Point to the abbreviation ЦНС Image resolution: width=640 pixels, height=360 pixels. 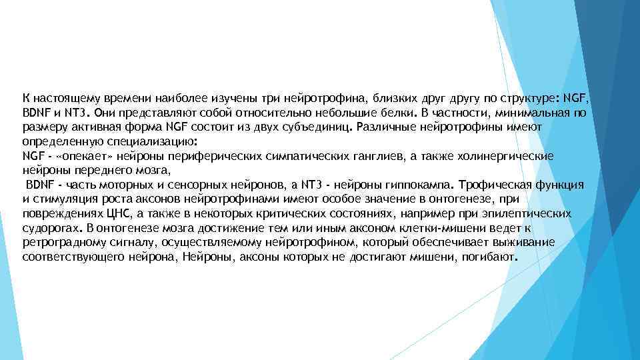coord(119,213)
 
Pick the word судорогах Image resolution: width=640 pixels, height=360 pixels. coord(49,228)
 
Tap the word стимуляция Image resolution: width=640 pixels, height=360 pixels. coord(64,199)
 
